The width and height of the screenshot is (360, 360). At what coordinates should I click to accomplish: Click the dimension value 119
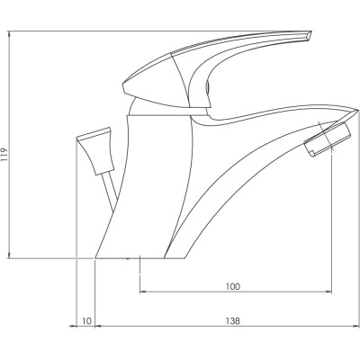[4, 156]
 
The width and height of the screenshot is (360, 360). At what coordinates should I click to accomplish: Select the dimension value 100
[233, 286]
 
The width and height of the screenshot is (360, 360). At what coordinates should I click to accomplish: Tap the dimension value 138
[233, 321]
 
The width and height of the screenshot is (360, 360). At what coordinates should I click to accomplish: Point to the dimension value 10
[86, 321]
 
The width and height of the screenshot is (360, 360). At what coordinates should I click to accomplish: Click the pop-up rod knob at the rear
[96, 150]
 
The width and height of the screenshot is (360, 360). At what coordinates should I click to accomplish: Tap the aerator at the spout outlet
[328, 139]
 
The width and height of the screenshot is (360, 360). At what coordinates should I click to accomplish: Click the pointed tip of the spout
[358, 111]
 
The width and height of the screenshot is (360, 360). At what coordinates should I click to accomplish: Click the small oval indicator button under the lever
[208, 87]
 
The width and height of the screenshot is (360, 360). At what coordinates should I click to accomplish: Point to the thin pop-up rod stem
[109, 190]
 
